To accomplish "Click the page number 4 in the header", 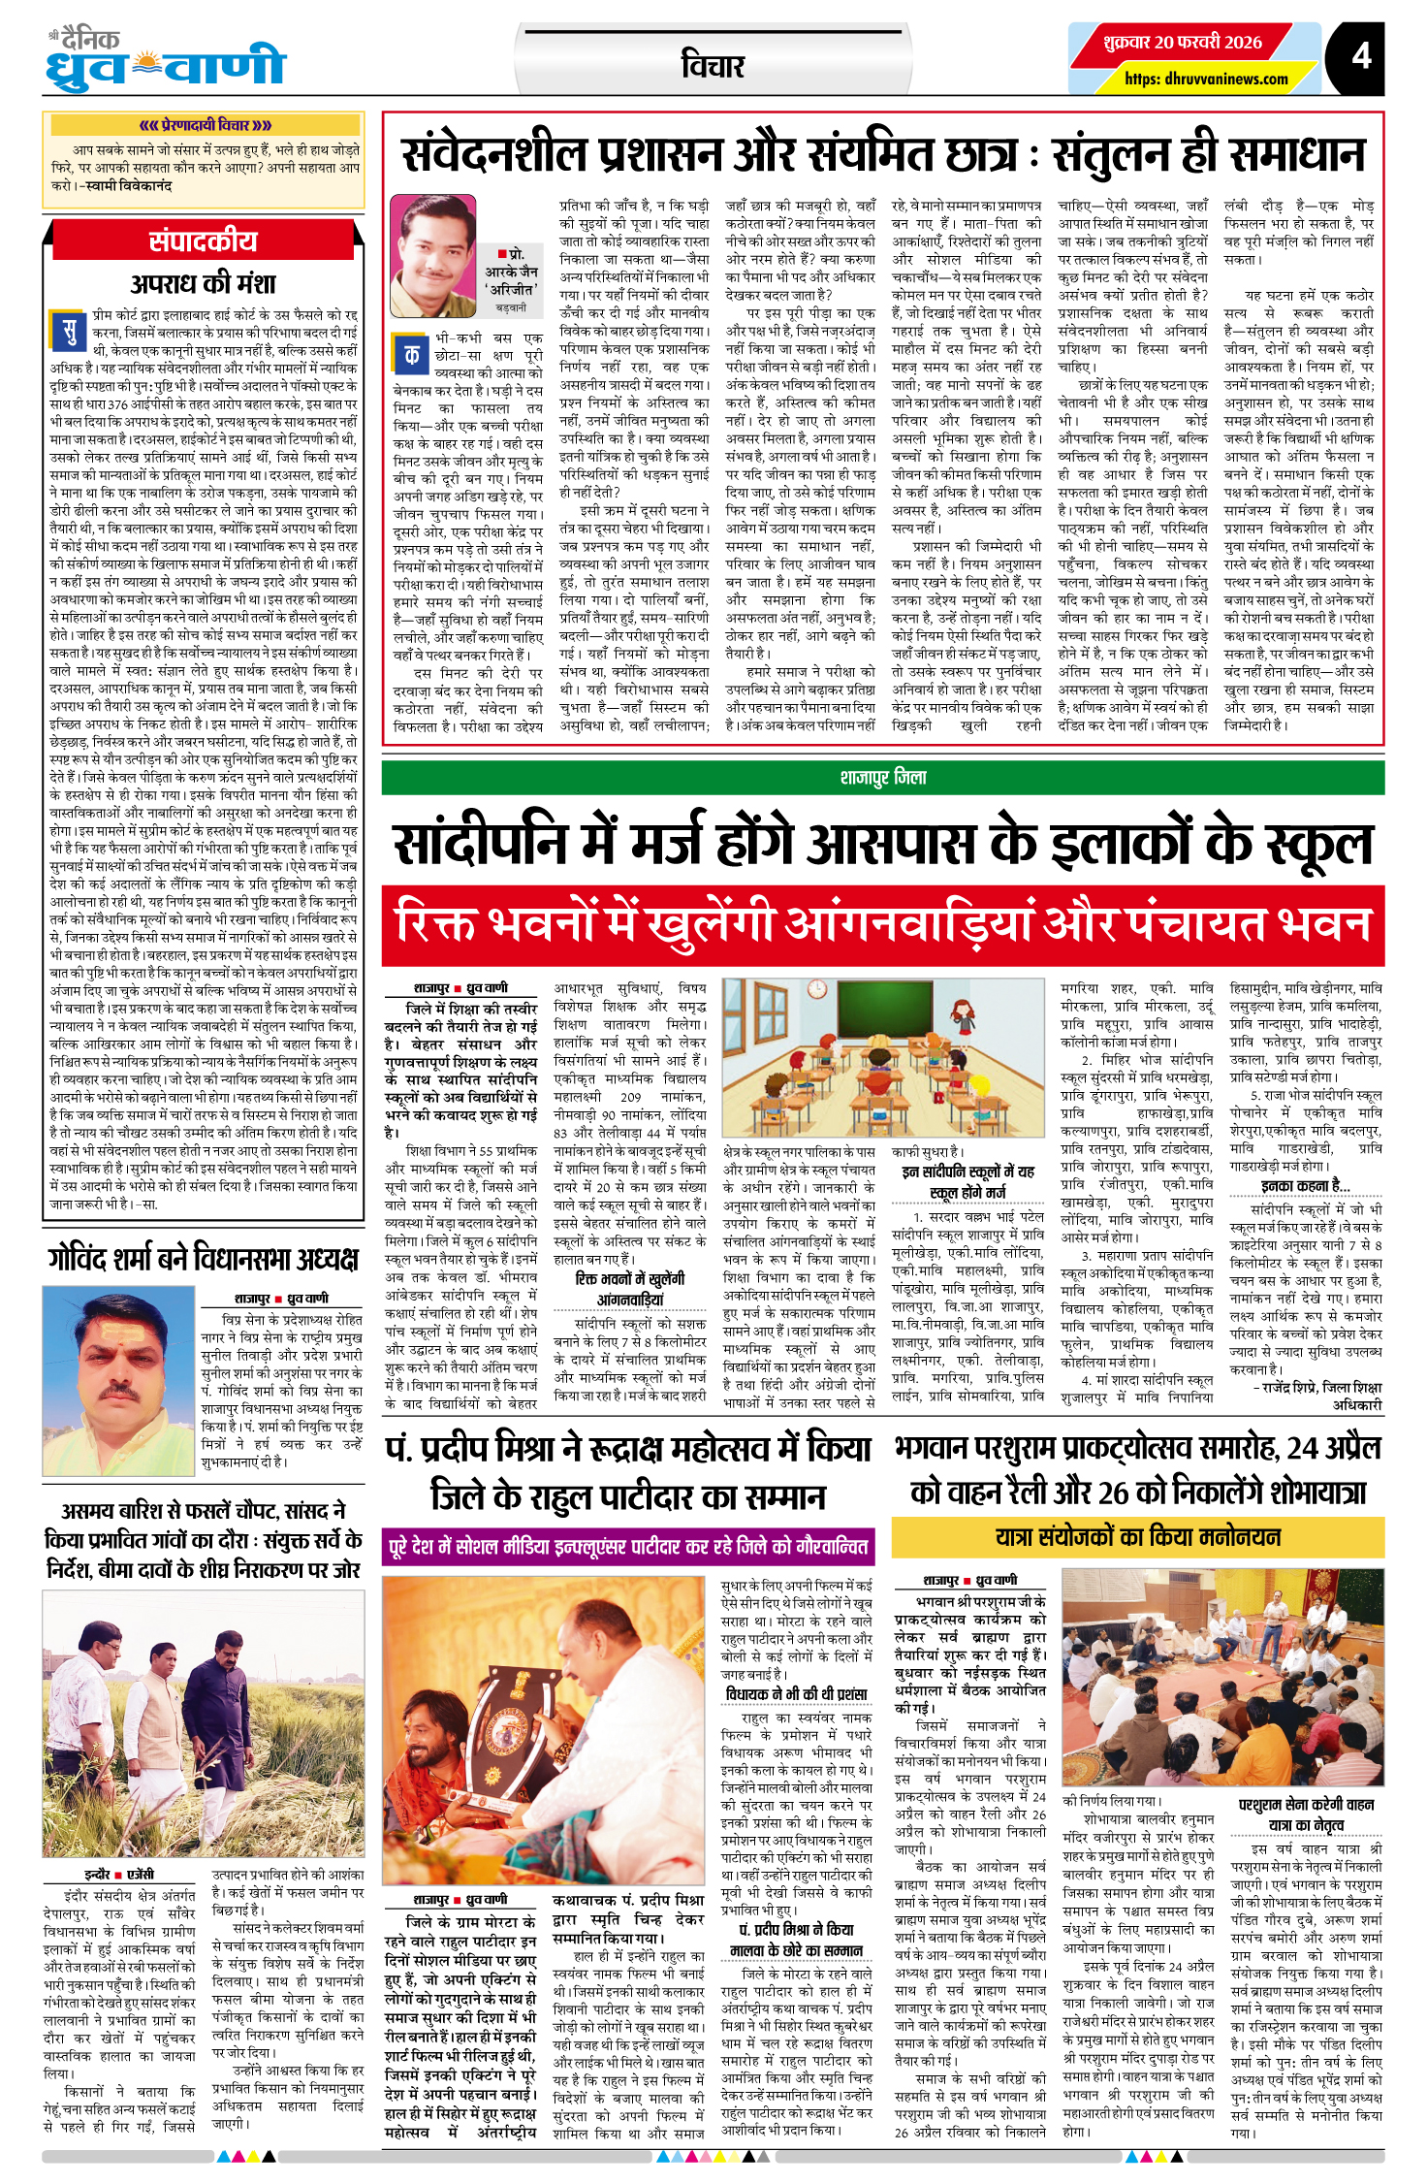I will (1361, 55).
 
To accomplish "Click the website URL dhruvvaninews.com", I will (1206, 80).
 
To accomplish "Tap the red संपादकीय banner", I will (203, 241).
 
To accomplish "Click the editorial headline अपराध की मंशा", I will (203, 283).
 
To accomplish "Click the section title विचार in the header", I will (713, 66).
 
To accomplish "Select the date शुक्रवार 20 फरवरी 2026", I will (1183, 43).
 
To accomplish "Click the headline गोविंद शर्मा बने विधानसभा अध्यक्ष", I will (203, 1259).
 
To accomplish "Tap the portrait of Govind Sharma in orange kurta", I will (118, 1380).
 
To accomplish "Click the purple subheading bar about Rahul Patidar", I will (629, 1546).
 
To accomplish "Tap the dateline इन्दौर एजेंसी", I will (119, 1875).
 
